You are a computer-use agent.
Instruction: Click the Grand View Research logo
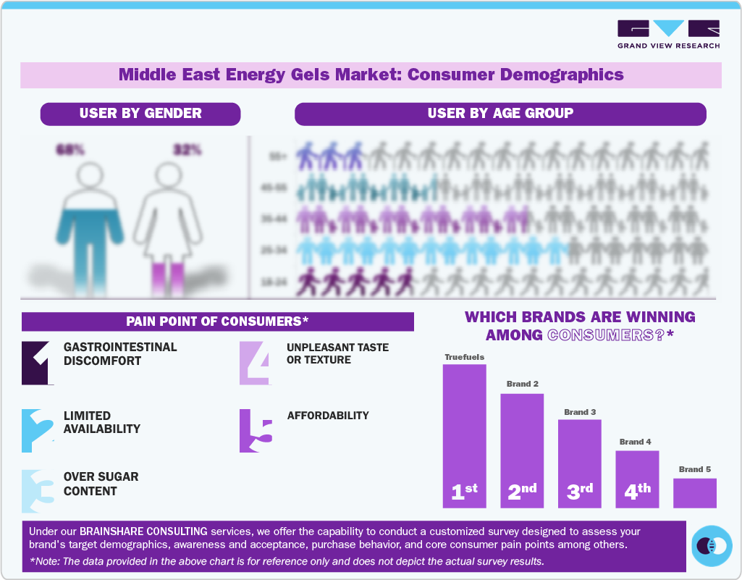point(668,34)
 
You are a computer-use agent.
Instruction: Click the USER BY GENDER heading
point(140,114)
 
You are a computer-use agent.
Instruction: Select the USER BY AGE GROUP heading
point(500,114)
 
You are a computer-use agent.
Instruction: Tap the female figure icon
point(168,228)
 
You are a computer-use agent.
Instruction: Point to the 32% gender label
point(187,150)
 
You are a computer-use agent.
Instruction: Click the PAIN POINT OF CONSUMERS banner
point(217,321)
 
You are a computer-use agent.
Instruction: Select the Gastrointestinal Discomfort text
point(120,354)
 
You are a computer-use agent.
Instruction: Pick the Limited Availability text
point(102,422)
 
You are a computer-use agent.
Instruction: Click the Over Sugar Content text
point(101,484)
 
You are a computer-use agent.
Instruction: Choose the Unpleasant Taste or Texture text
point(337,353)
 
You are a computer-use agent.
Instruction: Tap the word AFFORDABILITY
point(328,416)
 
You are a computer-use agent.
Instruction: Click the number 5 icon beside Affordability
point(256,431)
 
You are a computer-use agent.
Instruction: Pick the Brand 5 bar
point(694,492)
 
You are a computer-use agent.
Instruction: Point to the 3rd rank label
point(579,492)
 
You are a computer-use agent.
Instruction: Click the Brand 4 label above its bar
point(636,442)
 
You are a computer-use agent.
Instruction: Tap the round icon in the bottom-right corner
point(712,546)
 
